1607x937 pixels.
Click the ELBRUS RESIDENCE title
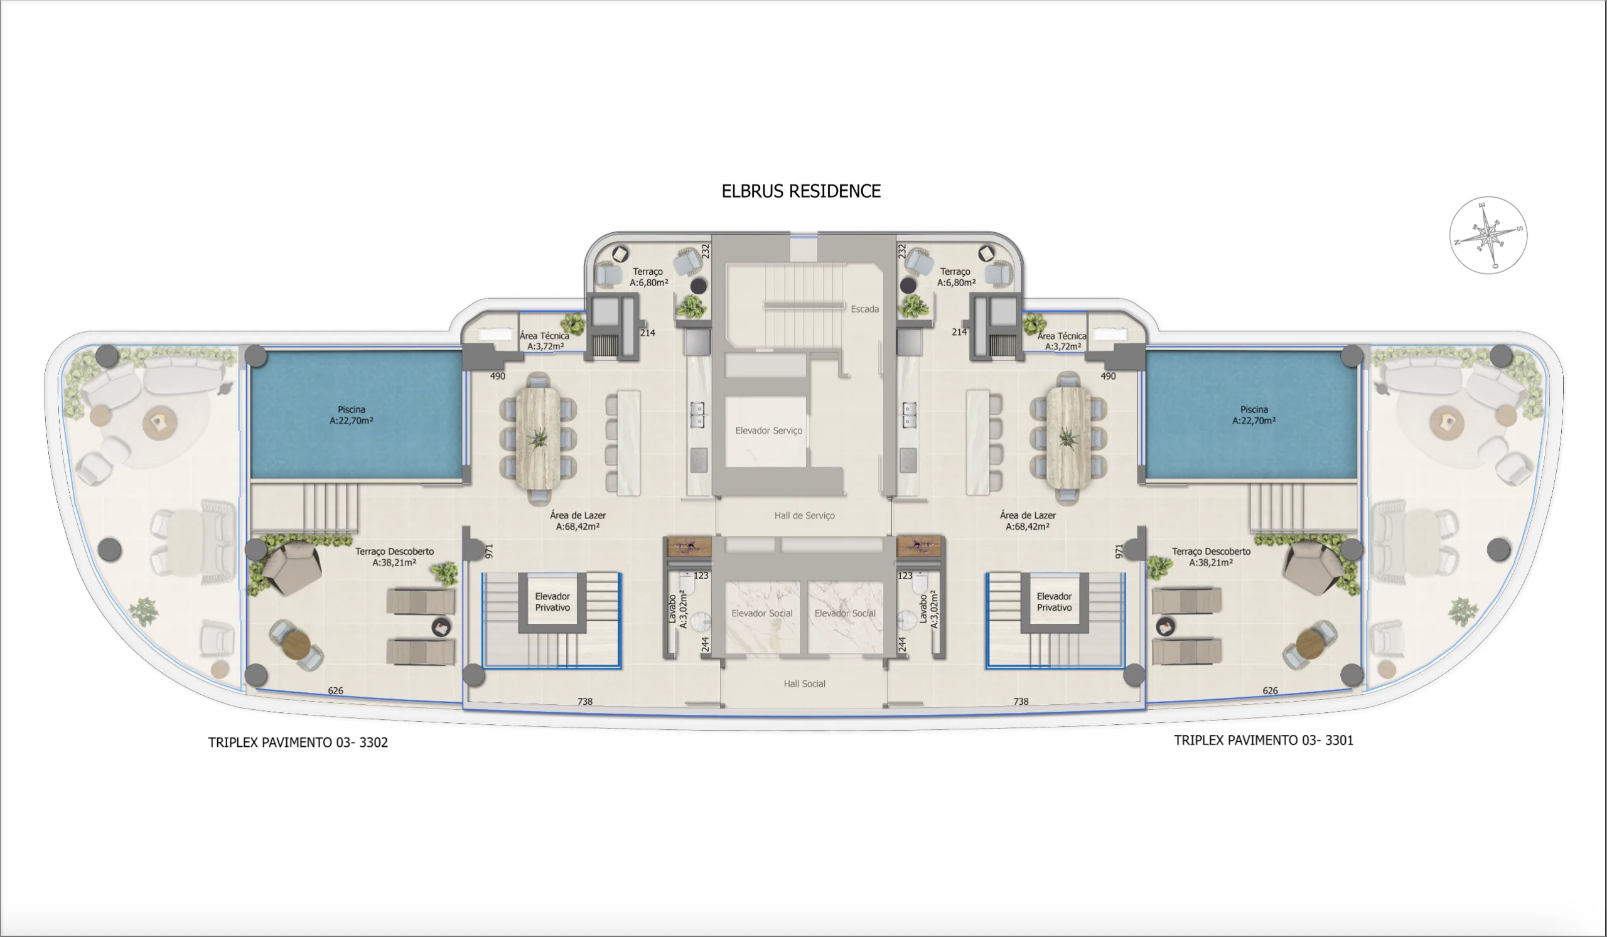[801, 191]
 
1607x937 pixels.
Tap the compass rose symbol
[1488, 235]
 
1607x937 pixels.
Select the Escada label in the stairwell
[864, 309]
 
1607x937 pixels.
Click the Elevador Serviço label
[768, 431]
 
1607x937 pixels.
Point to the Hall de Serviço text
[804, 516]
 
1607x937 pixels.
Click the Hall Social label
[804, 684]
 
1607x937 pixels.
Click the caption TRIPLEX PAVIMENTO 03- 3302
[298, 742]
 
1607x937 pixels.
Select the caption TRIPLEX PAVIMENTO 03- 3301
[1263, 741]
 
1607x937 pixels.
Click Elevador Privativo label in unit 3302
[552, 602]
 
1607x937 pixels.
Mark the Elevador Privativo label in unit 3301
[1053, 602]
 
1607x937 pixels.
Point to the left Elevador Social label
[762, 614]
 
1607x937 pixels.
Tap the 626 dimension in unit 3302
[335, 691]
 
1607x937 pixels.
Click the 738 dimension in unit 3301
[1020, 702]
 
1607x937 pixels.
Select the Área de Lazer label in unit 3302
[578, 521]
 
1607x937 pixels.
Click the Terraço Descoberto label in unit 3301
[1210, 557]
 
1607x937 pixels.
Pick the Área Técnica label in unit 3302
[545, 341]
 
